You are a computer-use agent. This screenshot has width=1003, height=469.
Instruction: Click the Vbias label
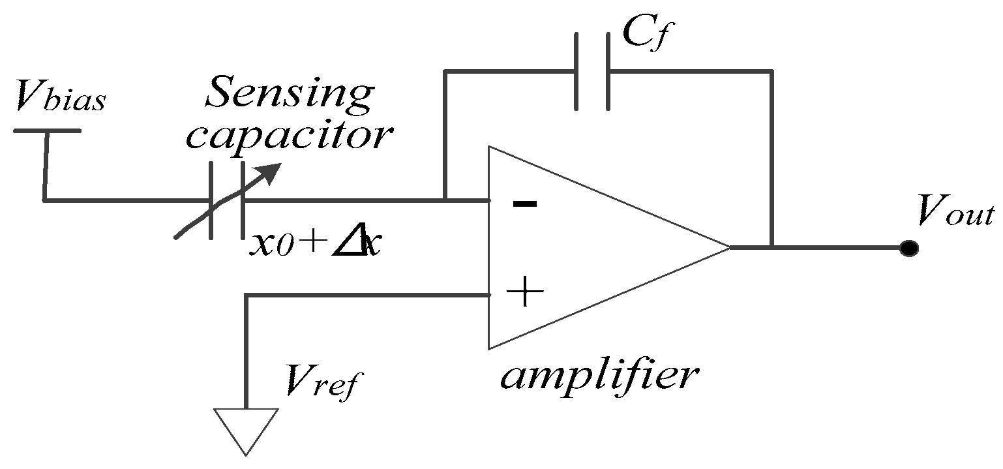pyautogui.click(x=59, y=99)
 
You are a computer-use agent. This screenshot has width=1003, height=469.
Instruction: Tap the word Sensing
pyautogui.click(x=288, y=94)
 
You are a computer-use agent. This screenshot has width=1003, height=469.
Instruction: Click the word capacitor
pyautogui.click(x=290, y=136)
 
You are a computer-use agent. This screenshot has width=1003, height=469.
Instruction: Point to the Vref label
pyautogui.click(x=320, y=382)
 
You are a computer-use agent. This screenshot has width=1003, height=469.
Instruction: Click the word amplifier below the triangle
pyautogui.click(x=599, y=376)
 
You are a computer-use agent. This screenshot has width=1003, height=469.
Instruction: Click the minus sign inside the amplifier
pyautogui.click(x=525, y=204)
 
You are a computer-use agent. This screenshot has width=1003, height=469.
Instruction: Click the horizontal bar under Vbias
pyautogui.click(x=47, y=130)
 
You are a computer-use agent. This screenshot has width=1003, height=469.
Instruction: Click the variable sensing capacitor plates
pyautogui.click(x=226, y=200)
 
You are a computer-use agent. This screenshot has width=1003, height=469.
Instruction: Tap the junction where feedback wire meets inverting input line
pyautogui.click(x=444, y=200)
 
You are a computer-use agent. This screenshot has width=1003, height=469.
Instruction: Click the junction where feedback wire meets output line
pyautogui.click(x=772, y=248)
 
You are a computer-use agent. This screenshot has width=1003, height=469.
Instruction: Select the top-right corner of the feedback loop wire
pyautogui.click(x=772, y=71)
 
